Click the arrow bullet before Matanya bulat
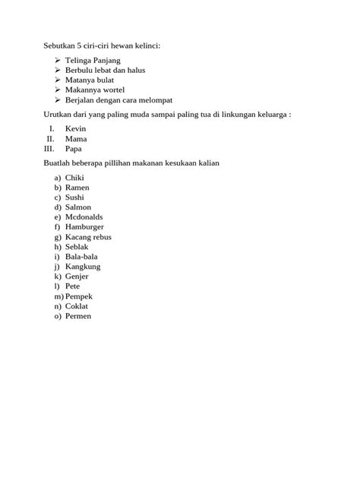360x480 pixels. pyautogui.click(x=58, y=80)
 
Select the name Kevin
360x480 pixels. pyautogui.click(x=76, y=129)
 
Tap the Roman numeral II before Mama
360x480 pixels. pyautogui.click(x=50, y=139)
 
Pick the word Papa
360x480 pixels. pyautogui.click(x=74, y=149)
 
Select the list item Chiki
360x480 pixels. pyautogui.click(x=75, y=178)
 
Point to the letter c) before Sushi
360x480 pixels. pyautogui.click(x=57, y=197)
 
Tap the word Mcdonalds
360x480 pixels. pyautogui.click(x=85, y=217)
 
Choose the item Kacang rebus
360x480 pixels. pyautogui.click(x=89, y=237)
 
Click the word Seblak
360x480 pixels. pyautogui.click(x=77, y=247)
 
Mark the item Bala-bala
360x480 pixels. pyautogui.click(x=81, y=257)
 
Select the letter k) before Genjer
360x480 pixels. pyautogui.click(x=57, y=276)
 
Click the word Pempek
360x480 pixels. pyautogui.click(x=80, y=296)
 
